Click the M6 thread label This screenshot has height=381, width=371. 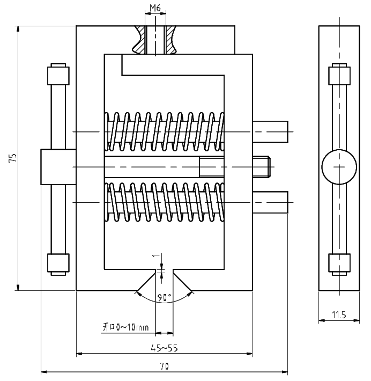(x=155, y=8)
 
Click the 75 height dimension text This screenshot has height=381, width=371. (x=13, y=158)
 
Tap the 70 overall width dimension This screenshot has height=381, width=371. (x=164, y=366)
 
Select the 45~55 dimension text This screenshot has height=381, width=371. (x=164, y=348)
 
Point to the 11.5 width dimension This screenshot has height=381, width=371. (x=339, y=315)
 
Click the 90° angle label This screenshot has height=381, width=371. (x=164, y=297)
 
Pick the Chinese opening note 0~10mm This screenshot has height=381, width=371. (x=126, y=327)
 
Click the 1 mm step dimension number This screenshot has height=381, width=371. (x=156, y=255)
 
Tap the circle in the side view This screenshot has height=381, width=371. (x=339, y=167)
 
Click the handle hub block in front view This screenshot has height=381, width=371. (x=58, y=167)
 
